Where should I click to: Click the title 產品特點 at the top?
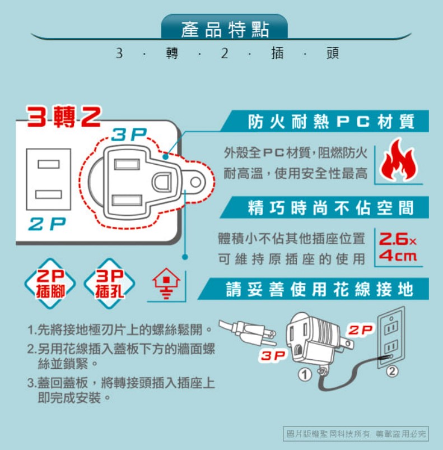tap(225, 29)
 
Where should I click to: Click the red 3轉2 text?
tap(64, 116)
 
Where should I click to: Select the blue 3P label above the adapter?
tap(129, 134)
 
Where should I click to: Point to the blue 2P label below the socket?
tap(47, 224)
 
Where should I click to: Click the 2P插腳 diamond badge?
tap(50, 284)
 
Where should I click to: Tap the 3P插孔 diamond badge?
tap(109, 284)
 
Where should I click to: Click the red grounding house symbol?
tap(166, 284)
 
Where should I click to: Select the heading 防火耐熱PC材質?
tap(331, 122)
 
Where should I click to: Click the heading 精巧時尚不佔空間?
tap(331, 208)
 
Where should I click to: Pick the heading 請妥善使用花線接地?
tap(320, 289)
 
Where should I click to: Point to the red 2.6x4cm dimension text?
tap(398, 247)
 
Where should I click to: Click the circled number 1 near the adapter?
tap(305, 374)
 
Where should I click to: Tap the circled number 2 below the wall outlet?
tap(392, 371)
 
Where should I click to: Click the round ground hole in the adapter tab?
tap(196, 182)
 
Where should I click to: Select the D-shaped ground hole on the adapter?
tap(162, 182)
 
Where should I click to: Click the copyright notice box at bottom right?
tap(356, 434)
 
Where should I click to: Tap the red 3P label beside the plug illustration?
tap(273, 356)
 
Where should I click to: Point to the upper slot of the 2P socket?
tap(49, 164)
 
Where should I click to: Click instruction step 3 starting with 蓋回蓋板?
tap(121, 390)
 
